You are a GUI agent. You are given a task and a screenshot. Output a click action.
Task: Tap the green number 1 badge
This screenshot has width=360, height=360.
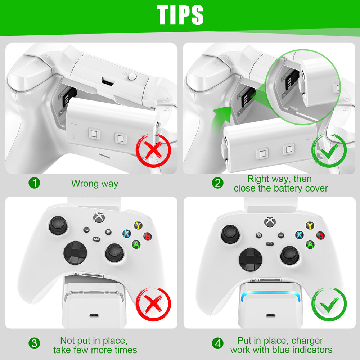(x=35, y=183)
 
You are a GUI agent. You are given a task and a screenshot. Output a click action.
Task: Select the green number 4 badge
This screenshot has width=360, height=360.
(x=217, y=344)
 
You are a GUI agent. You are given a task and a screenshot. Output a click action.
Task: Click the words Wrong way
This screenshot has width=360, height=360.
(x=95, y=184)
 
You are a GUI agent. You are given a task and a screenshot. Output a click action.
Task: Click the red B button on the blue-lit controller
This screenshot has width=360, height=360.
(x=320, y=236)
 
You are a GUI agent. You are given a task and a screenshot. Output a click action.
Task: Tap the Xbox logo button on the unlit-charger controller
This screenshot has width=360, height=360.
(x=98, y=218)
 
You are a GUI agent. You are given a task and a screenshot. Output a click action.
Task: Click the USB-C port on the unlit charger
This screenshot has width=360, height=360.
(x=94, y=316)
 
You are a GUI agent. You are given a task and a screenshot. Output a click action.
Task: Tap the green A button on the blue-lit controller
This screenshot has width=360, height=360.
(x=310, y=244)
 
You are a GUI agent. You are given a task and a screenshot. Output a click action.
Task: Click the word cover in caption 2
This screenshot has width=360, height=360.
(x=315, y=188)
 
